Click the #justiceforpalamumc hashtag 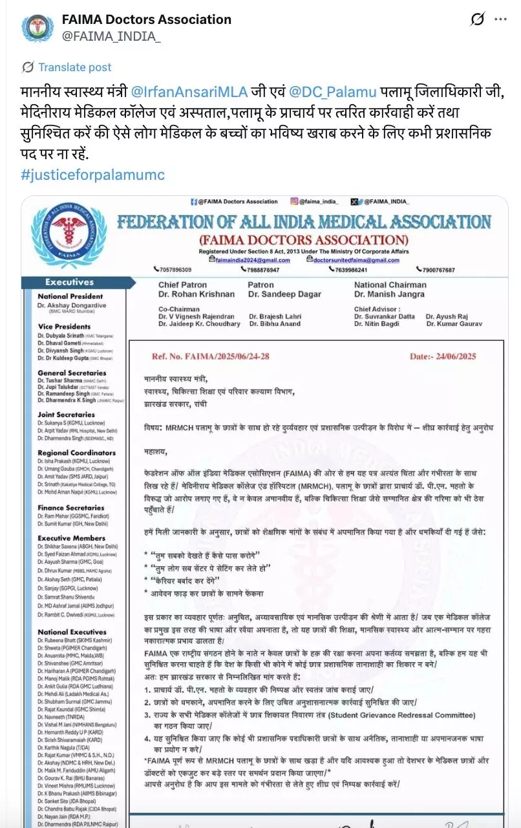pos(92,175)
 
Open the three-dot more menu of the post pos(500,20)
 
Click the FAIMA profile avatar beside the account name pos(37,28)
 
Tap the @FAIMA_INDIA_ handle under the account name pos(111,37)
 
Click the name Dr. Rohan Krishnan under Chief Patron pos(197,294)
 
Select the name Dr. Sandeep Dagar pos(284,294)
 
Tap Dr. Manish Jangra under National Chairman pos(390,294)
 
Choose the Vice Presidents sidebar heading pos(64,327)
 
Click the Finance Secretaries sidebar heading pos(71,508)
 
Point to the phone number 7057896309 pos(175,270)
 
